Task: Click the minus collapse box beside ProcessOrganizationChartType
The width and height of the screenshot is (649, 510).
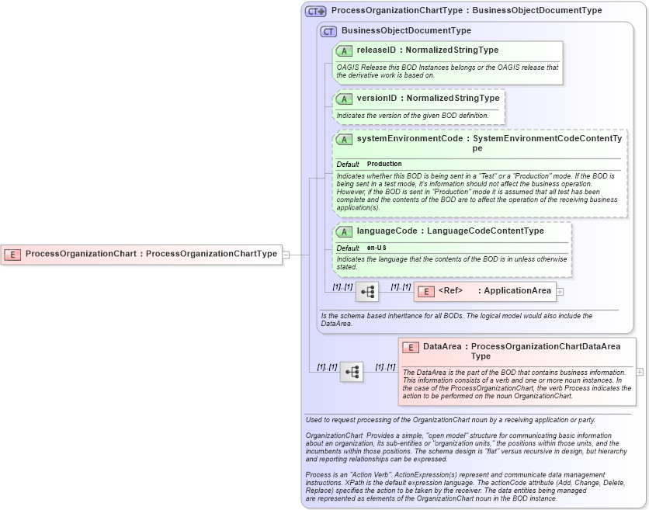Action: [286, 254]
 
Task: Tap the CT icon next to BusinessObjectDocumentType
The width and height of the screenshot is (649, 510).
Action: [328, 31]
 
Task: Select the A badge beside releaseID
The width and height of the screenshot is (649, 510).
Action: [344, 50]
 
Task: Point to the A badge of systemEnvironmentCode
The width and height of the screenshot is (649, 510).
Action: [344, 139]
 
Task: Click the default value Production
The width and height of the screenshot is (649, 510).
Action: [384, 164]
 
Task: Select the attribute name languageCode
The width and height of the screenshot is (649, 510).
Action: [385, 231]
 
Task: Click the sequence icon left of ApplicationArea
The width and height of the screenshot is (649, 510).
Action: [367, 292]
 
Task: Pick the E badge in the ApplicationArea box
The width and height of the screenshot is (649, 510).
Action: [426, 291]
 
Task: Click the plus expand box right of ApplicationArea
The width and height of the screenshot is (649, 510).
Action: [560, 292]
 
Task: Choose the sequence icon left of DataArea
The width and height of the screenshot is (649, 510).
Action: [352, 372]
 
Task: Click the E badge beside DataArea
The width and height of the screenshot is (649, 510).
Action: [411, 347]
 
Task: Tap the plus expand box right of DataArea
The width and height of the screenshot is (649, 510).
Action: [640, 372]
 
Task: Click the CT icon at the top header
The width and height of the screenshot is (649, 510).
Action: [315, 12]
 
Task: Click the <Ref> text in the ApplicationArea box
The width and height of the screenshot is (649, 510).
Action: [450, 291]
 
